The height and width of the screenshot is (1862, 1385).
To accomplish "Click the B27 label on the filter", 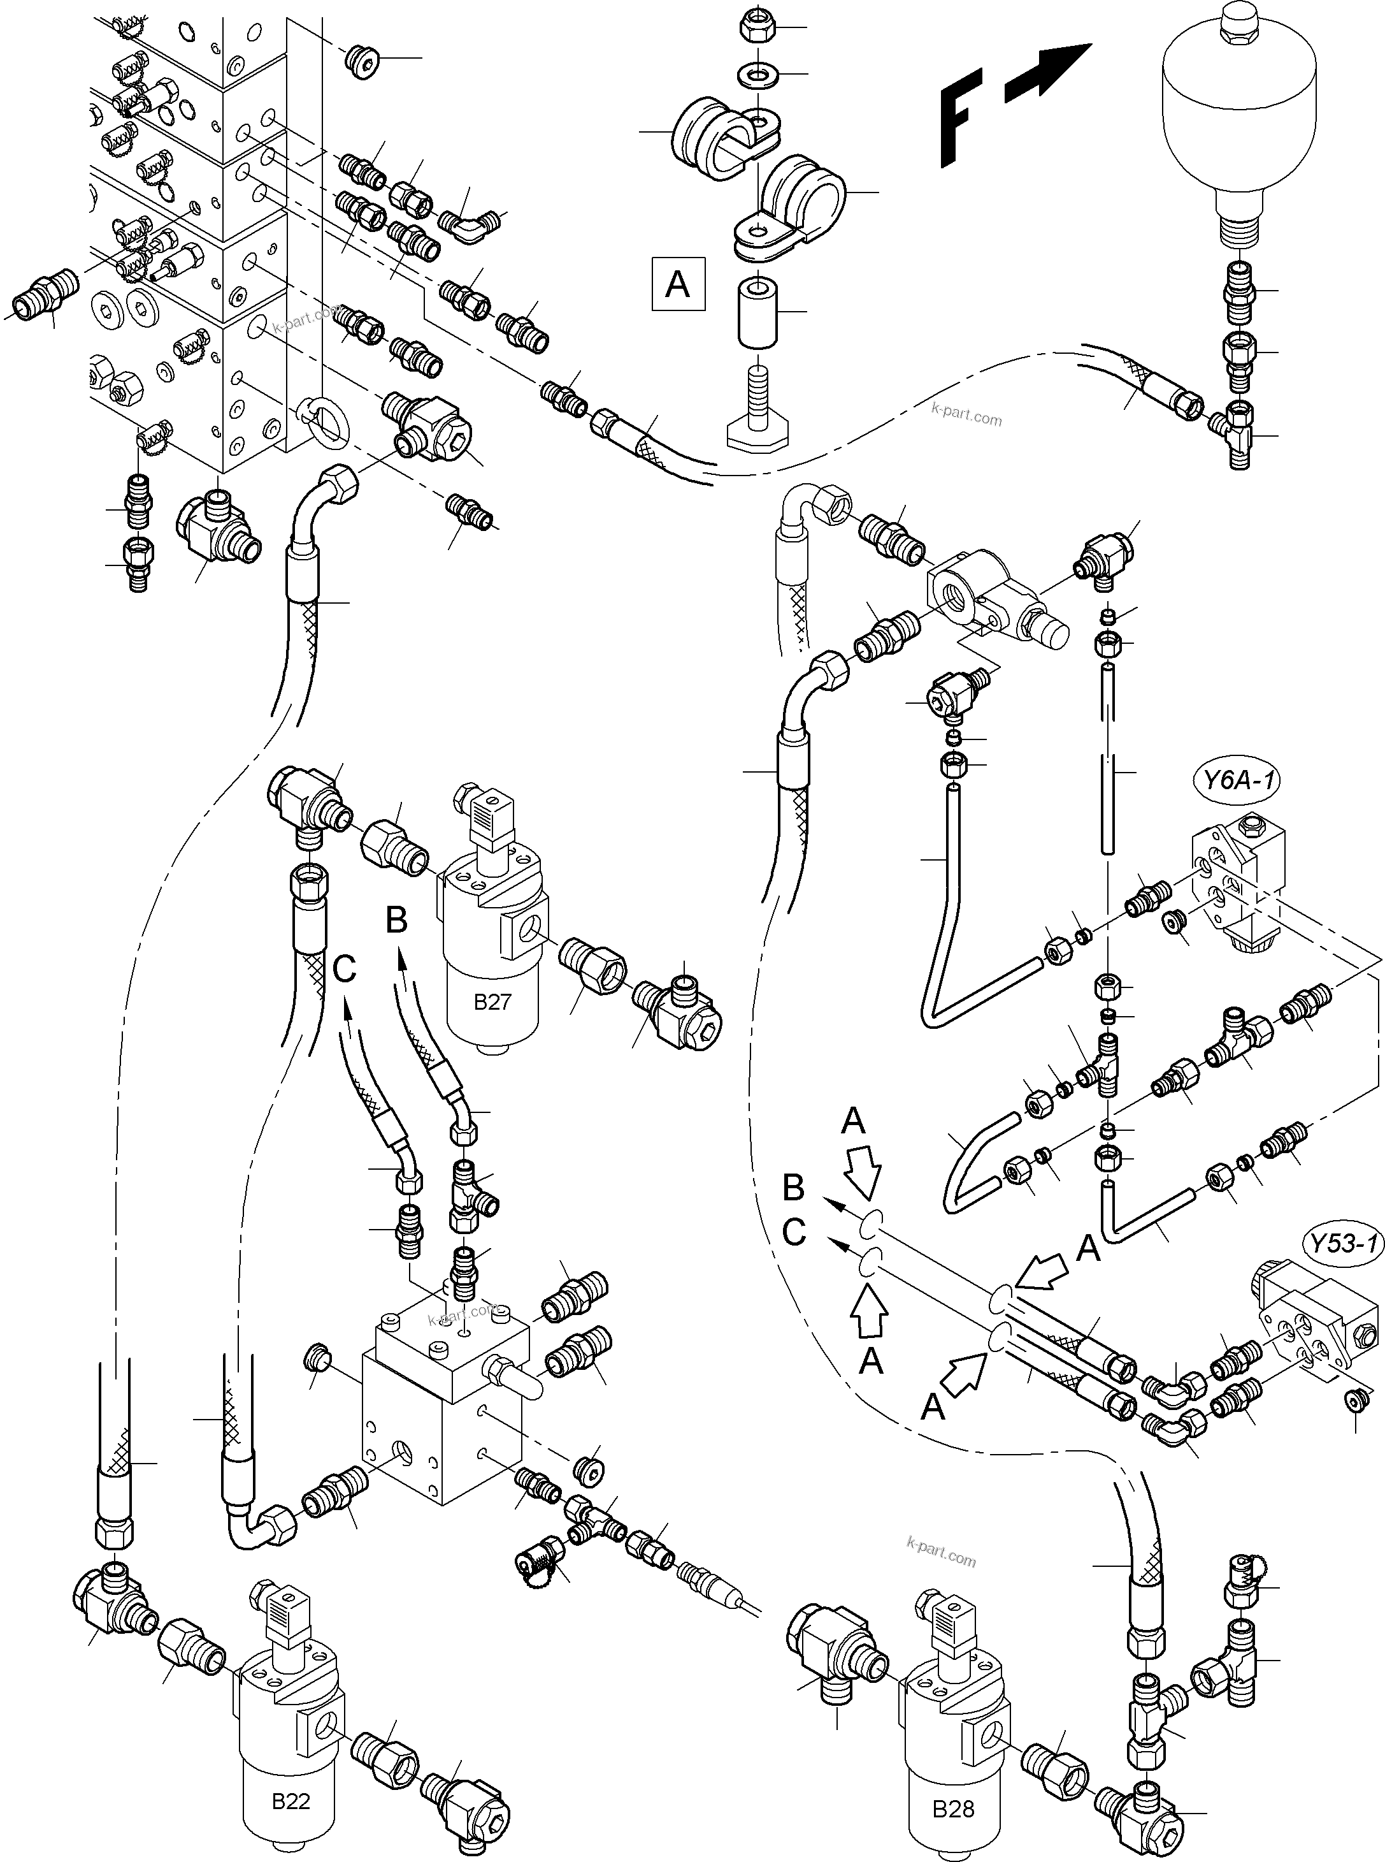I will coord(492,1001).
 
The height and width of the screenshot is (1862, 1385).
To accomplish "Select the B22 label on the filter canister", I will coord(291,1801).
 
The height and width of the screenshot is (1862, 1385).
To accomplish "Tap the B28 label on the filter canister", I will coord(953,1808).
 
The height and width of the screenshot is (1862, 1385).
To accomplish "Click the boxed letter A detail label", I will coord(677,284).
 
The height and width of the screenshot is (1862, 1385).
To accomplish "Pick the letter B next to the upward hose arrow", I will coord(396,920).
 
